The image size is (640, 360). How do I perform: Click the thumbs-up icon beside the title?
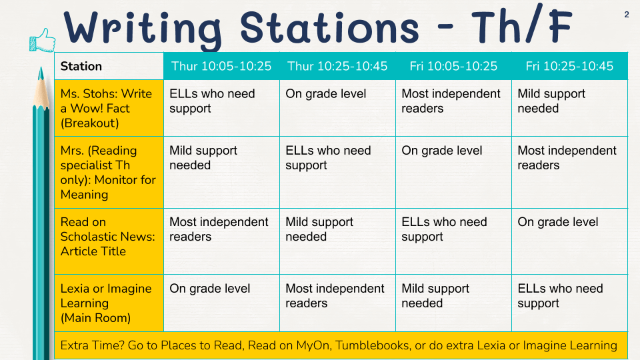(x=43, y=40)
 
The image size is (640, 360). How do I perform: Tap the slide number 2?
(x=627, y=15)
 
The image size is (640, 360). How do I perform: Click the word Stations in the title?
(x=329, y=28)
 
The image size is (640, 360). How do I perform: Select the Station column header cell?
(x=109, y=66)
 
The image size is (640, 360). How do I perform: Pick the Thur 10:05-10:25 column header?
(x=221, y=66)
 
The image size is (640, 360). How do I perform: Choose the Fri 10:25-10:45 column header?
(x=569, y=66)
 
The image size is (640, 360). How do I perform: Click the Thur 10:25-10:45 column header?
(x=337, y=66)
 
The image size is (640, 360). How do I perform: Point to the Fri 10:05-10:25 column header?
(x=453, y=66)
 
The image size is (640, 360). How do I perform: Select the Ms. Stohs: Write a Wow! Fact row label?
(x=109, y=108)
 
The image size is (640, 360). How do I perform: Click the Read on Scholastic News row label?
(x=109, y=241)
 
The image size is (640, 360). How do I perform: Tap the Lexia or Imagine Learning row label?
(x=109, y=303)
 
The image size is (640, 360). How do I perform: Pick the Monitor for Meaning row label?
(x=109, y=172)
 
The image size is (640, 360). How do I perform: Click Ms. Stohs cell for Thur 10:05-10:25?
(x=221, y=108)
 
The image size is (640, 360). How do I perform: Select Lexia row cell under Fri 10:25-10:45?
(x=569, y=303)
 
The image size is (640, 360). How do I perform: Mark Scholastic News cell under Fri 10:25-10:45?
(x=569, y=241)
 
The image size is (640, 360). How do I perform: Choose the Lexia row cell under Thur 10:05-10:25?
(x=221, y=303)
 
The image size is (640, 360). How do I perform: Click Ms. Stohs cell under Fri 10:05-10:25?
(x=453, y=108)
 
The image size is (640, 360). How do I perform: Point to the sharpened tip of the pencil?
(x=41, y=68)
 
